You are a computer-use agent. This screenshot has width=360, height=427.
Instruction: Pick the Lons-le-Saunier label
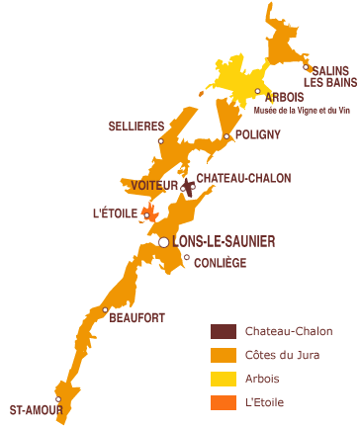coord(223,240)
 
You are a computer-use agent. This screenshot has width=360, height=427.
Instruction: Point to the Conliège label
coord(220,262)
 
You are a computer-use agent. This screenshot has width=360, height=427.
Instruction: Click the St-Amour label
coord(34,408)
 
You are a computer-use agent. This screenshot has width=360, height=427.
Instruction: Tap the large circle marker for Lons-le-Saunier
coord(164,241)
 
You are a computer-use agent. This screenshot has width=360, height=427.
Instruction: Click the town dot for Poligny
coord(226,136)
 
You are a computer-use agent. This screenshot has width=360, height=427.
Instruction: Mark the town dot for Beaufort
coord(104,310)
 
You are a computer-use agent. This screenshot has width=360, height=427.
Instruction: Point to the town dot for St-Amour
coord(59,399)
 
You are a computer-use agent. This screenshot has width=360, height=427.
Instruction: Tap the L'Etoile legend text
coord(266,402)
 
